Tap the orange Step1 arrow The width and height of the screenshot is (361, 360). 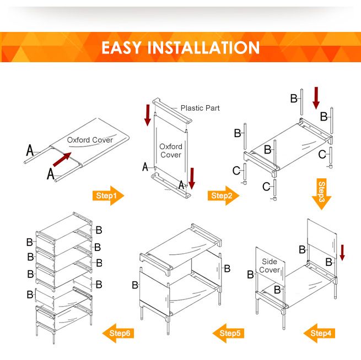[x=109, y=195]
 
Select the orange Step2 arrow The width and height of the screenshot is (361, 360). [x=224, y=195]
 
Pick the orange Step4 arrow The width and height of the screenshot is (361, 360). [x=320, y=333]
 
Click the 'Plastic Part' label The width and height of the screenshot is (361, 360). [x=200, y=108]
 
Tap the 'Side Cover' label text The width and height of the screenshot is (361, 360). [x=270, y=266]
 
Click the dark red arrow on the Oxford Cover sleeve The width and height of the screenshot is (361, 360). [x=62, y=160]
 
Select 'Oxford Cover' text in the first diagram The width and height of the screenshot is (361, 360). [x=90, y=140]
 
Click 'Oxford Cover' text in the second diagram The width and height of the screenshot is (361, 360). [x=170, y=150]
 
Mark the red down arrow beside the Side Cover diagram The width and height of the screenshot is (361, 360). [x=342, y=253]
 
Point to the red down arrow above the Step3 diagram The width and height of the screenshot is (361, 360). [x=316, y=97]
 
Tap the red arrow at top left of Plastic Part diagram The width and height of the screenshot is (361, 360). [x=147, y=114]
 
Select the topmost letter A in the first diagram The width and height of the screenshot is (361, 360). [x=30, y=149]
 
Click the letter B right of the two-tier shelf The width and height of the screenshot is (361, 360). [x=227, y=269]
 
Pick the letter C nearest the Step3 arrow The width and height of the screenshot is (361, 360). [x=322, y=155]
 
